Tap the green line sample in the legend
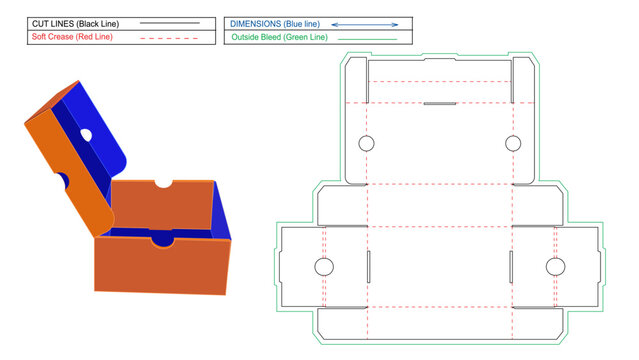click(364, 38)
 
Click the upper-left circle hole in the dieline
click(366, 144)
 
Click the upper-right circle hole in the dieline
click(513, 144)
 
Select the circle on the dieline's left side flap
click(324, 267)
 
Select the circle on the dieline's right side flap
click(555, 267)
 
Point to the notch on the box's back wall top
click(164, 184)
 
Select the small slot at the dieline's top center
click(440, 102)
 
